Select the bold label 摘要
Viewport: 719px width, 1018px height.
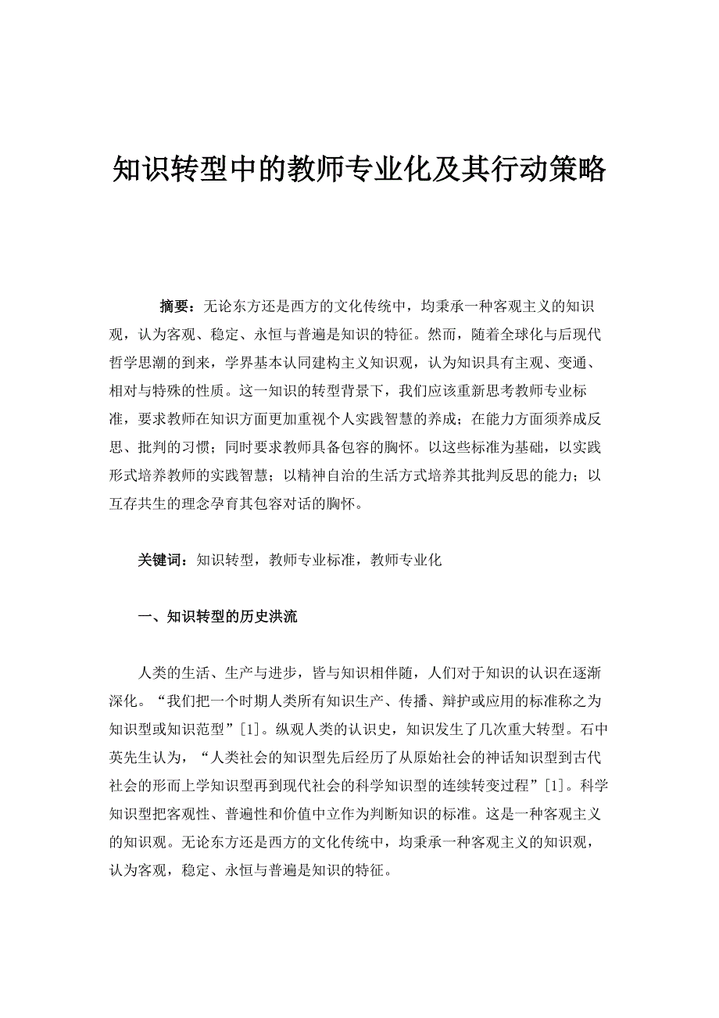(x=174, y=306)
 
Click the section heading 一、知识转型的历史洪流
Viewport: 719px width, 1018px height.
(x=217, y=616)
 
